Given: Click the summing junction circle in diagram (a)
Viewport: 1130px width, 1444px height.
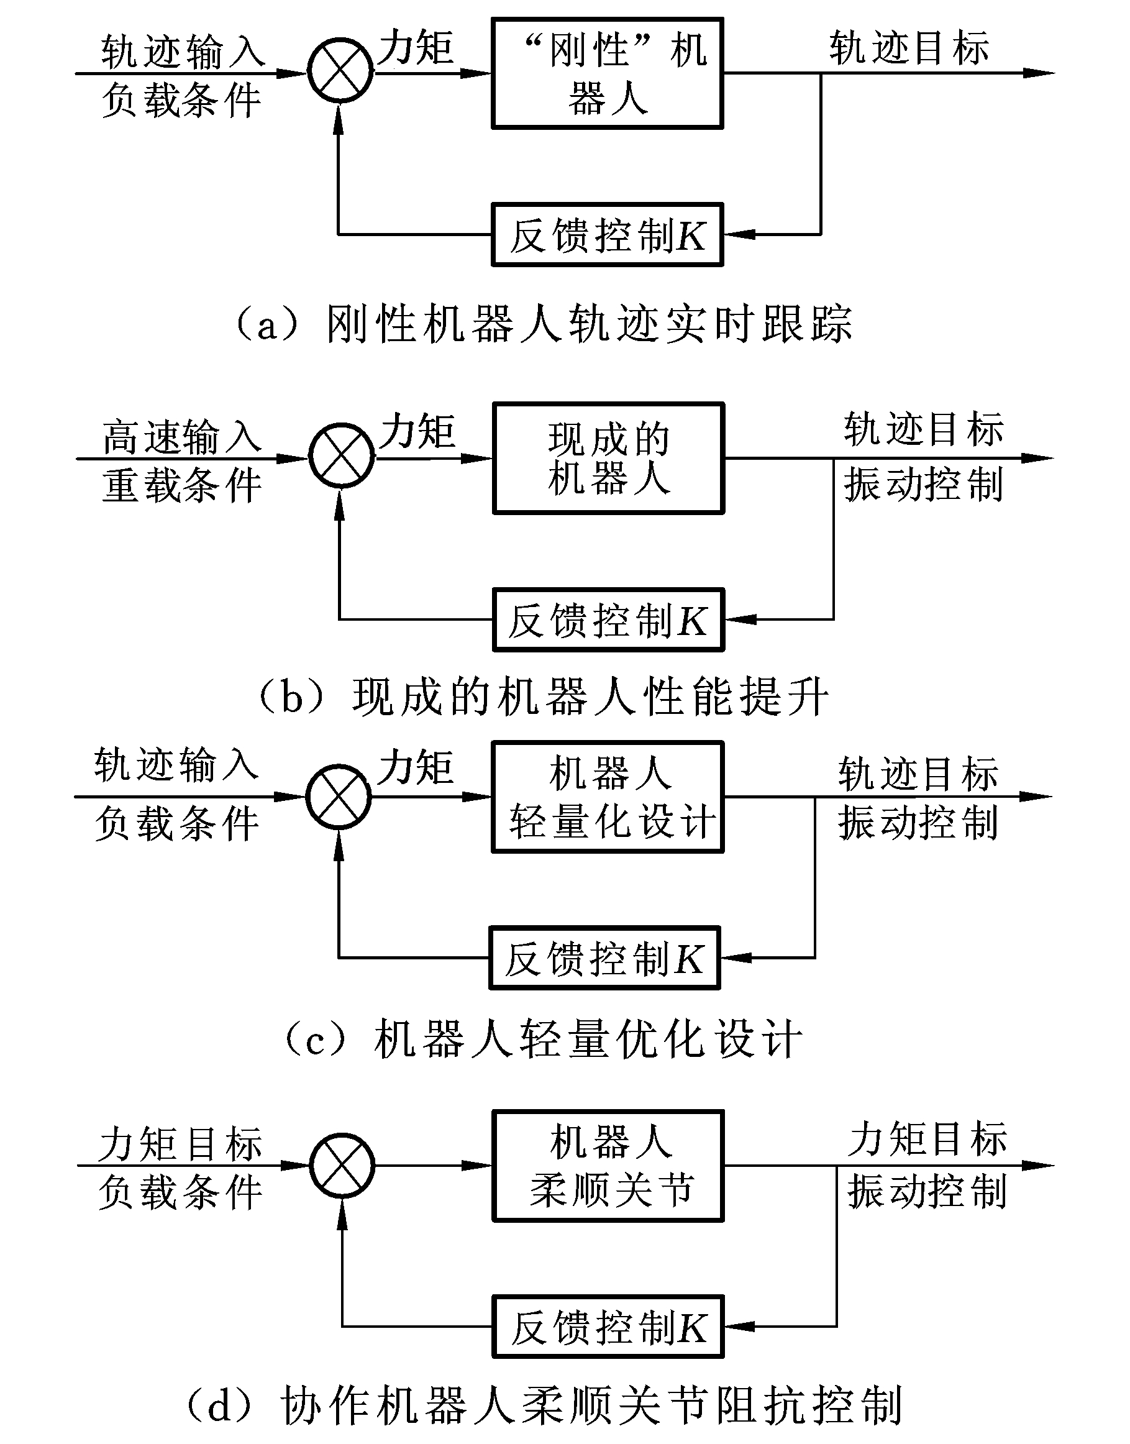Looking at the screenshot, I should pos(340,71).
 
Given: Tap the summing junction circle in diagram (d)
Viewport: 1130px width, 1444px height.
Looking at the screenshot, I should pos(342,1166).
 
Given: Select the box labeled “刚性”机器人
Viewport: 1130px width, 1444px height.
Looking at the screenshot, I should pos(608,73).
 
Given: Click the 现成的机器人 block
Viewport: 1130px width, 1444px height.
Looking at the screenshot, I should pos(609,458).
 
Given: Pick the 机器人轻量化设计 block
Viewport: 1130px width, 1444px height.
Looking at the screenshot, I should pos(608,797).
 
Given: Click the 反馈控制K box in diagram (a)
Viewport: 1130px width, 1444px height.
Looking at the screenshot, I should pos(608,235).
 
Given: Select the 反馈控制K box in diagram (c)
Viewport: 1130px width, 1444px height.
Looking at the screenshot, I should pos(604,957).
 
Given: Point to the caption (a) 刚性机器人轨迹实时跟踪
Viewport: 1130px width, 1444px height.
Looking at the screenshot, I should pos(544,324).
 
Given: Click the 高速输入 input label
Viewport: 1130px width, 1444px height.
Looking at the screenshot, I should pos(182,437).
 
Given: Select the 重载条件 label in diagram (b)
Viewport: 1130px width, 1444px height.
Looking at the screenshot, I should pos(182,485).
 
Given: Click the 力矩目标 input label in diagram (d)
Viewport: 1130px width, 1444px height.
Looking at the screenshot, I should pos(180,1143).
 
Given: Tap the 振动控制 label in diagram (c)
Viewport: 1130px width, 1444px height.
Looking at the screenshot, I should pos(918,823).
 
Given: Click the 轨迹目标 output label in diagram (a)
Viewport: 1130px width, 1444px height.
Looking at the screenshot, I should pos(909,48).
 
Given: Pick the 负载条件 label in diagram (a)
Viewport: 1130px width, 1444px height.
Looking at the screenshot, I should pos(181,100).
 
